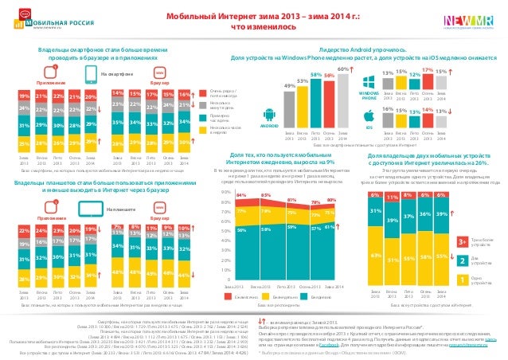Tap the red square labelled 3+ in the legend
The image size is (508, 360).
pos(463,241)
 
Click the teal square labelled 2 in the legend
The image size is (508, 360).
pos(463,260)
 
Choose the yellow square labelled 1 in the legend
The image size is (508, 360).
pos(463,280)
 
